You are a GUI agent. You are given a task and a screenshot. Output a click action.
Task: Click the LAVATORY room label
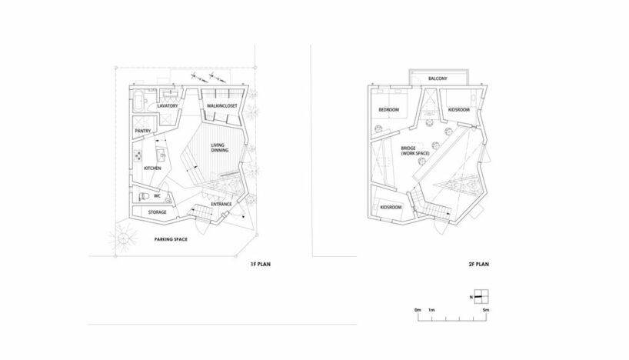(168, 106)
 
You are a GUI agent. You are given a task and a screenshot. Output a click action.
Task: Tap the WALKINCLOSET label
(221, 106)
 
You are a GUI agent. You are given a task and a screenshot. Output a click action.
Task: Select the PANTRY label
(143, 132)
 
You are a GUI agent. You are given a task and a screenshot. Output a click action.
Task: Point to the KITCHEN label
(152, 168)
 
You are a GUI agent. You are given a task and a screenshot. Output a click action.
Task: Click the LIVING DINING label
(219, 148)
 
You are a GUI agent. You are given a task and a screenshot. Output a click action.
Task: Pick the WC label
(157, 196)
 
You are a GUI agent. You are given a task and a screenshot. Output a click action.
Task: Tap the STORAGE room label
(157, 212)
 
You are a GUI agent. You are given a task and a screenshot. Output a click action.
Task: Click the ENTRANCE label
(221, 205)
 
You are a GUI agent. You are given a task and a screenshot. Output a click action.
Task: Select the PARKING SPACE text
(171, 239)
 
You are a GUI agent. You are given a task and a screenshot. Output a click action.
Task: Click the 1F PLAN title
(261, 264)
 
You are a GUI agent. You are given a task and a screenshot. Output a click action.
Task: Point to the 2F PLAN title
(478, 264)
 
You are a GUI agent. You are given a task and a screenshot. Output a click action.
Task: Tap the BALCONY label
(438, 78)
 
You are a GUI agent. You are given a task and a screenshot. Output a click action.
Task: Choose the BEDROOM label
(389, 109)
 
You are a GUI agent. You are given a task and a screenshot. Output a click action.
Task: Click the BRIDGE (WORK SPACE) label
(415, 151)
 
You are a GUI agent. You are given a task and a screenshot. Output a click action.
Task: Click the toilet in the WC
(143, 197)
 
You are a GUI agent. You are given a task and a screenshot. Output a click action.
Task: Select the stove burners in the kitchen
(137, 155)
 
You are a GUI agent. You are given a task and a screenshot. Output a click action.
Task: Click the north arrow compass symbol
(481, 297)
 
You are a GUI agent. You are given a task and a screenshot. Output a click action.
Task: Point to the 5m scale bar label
(486, 310)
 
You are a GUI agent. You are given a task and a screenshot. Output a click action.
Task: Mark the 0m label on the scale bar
(418, 310)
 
